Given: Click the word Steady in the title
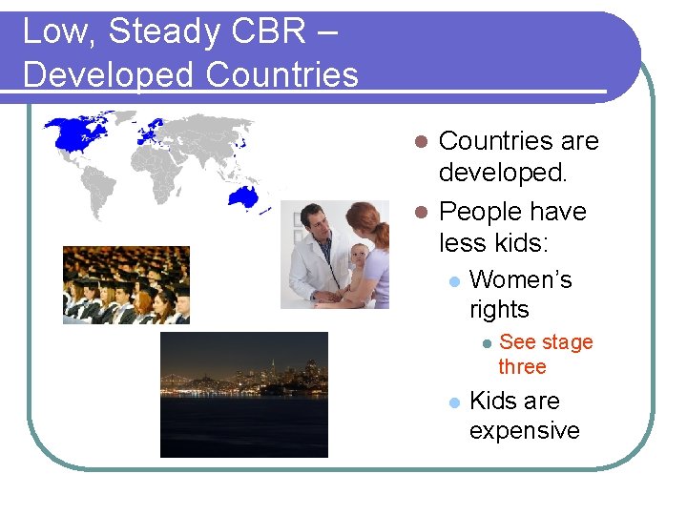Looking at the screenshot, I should click(165, 31).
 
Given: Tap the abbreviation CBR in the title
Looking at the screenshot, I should click(266, 31).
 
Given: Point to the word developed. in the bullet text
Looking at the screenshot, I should click(503, 174).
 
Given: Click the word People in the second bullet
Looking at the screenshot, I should click(481, 211).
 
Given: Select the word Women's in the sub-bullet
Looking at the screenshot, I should click(521, 279).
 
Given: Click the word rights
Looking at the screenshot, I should click(499, 310).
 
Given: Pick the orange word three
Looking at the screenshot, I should click(522, 367).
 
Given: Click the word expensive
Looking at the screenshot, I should click(524, 431).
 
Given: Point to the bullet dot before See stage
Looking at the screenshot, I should click(486, 342).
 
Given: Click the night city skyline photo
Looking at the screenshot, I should click(243, 394).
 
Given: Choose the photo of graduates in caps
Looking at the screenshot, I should click(126, 285).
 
